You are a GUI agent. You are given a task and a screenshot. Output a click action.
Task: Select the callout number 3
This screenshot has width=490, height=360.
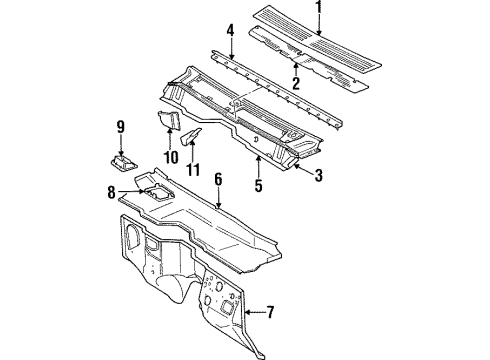[318, 176]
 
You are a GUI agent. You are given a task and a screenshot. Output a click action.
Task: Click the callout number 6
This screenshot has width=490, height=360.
[216, 177]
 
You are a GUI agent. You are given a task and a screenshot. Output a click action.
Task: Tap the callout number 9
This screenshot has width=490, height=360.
[119, 126]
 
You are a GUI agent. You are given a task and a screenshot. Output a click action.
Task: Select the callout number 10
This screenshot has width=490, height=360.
[171, 157]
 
